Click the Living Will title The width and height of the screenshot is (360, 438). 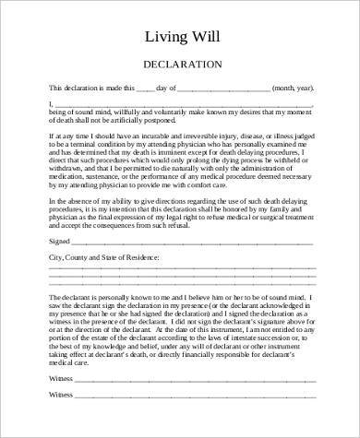180,37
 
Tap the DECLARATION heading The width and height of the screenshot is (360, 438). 180,65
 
